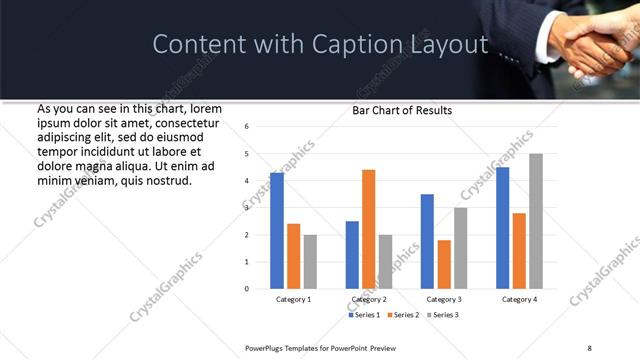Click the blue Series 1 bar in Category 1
(x=277, y=231)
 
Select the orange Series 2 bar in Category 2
(x=368, y=229)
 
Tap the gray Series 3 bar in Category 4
(x=536, y=221)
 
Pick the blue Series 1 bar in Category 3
(x=427, y=241)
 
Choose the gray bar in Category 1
(x=310, y=261)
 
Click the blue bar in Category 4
(x=502, y=228)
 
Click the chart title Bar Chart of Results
(x=402, y=110)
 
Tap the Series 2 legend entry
(x=402, y=315)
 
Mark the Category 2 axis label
(x=368, y=299)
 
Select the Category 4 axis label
(x=519, y=299)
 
